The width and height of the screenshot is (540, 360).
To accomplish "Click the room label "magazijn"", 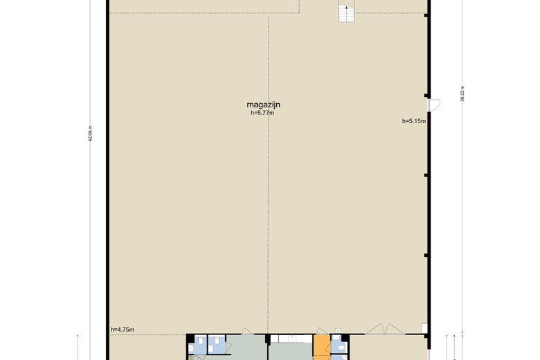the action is [x=264, y=105].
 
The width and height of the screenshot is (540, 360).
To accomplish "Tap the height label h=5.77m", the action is [x=262, y=113].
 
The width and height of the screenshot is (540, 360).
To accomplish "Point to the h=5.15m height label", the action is [x=414, y=121].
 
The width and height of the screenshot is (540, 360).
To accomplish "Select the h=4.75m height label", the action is [x=123, y=330].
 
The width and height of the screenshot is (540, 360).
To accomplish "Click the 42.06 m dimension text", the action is [x=90, y=134].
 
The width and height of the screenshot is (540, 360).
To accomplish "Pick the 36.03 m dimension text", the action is [x=462, y=93].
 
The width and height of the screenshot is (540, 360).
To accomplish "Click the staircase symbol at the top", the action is [x=346, y=11].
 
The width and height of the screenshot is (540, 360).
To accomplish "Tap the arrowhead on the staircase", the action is [x=346, y=7].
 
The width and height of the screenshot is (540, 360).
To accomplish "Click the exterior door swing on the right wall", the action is [x=434, y=105].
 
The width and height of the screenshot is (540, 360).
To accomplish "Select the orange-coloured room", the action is [x=322, y=347].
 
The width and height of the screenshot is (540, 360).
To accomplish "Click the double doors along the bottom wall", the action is [x=386, y=330].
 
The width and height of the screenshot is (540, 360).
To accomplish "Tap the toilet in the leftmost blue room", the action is [x=200, y=341].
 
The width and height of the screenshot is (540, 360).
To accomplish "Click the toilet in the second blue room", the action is [x=217, y=341].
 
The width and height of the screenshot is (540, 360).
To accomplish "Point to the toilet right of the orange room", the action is [x=341, y=348].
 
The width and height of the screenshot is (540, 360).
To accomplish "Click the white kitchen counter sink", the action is [x=292, y=339].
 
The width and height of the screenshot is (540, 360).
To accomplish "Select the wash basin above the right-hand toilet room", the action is [x=338, y=331].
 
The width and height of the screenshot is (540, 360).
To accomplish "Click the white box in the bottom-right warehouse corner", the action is [x=424, y=328].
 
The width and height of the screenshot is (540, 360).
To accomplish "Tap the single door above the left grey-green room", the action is [x=247, y=332].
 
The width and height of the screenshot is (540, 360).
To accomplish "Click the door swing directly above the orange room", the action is [x=322, y=332].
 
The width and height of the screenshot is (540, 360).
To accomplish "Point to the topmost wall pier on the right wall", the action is [x=426, y=15].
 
